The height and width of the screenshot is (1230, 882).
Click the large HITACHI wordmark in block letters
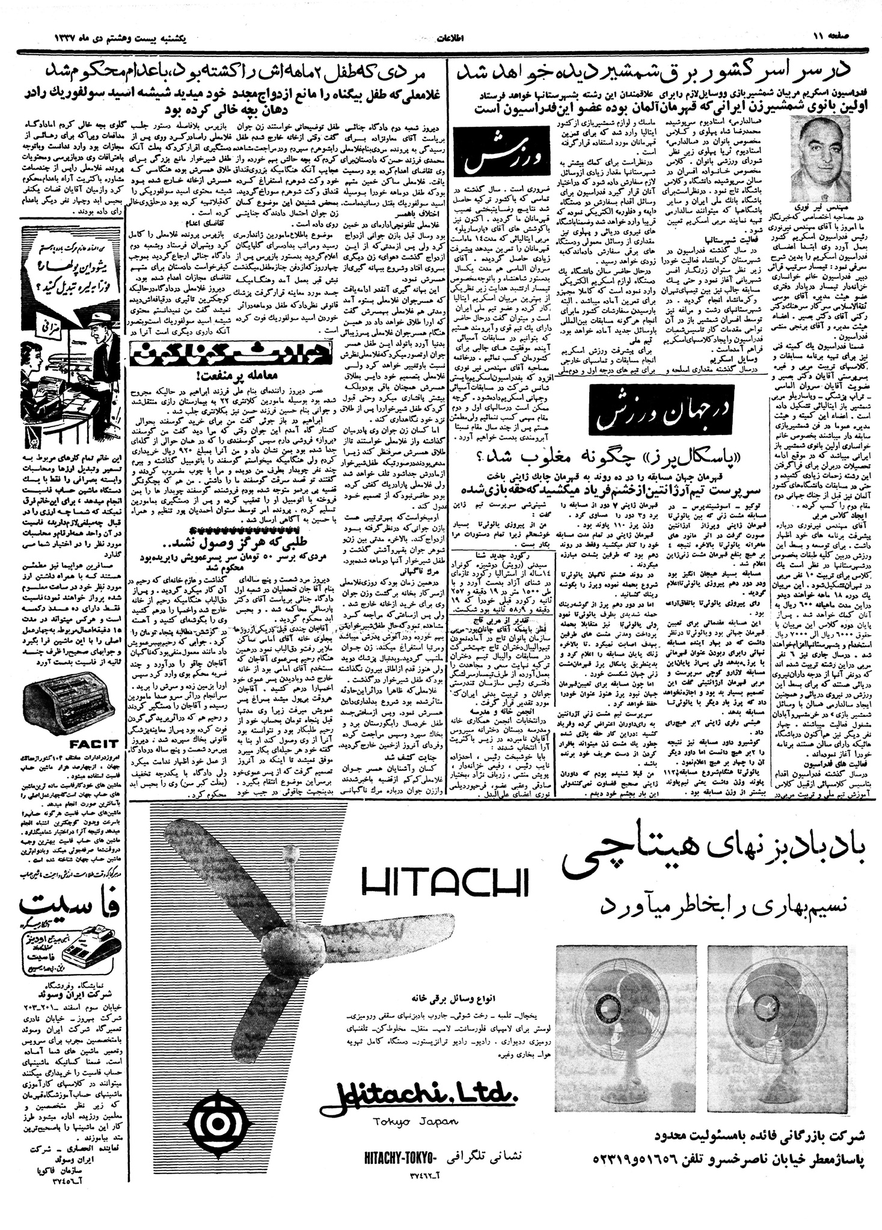(x=445, y=883)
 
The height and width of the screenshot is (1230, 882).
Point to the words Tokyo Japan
(x=415, y=1121)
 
